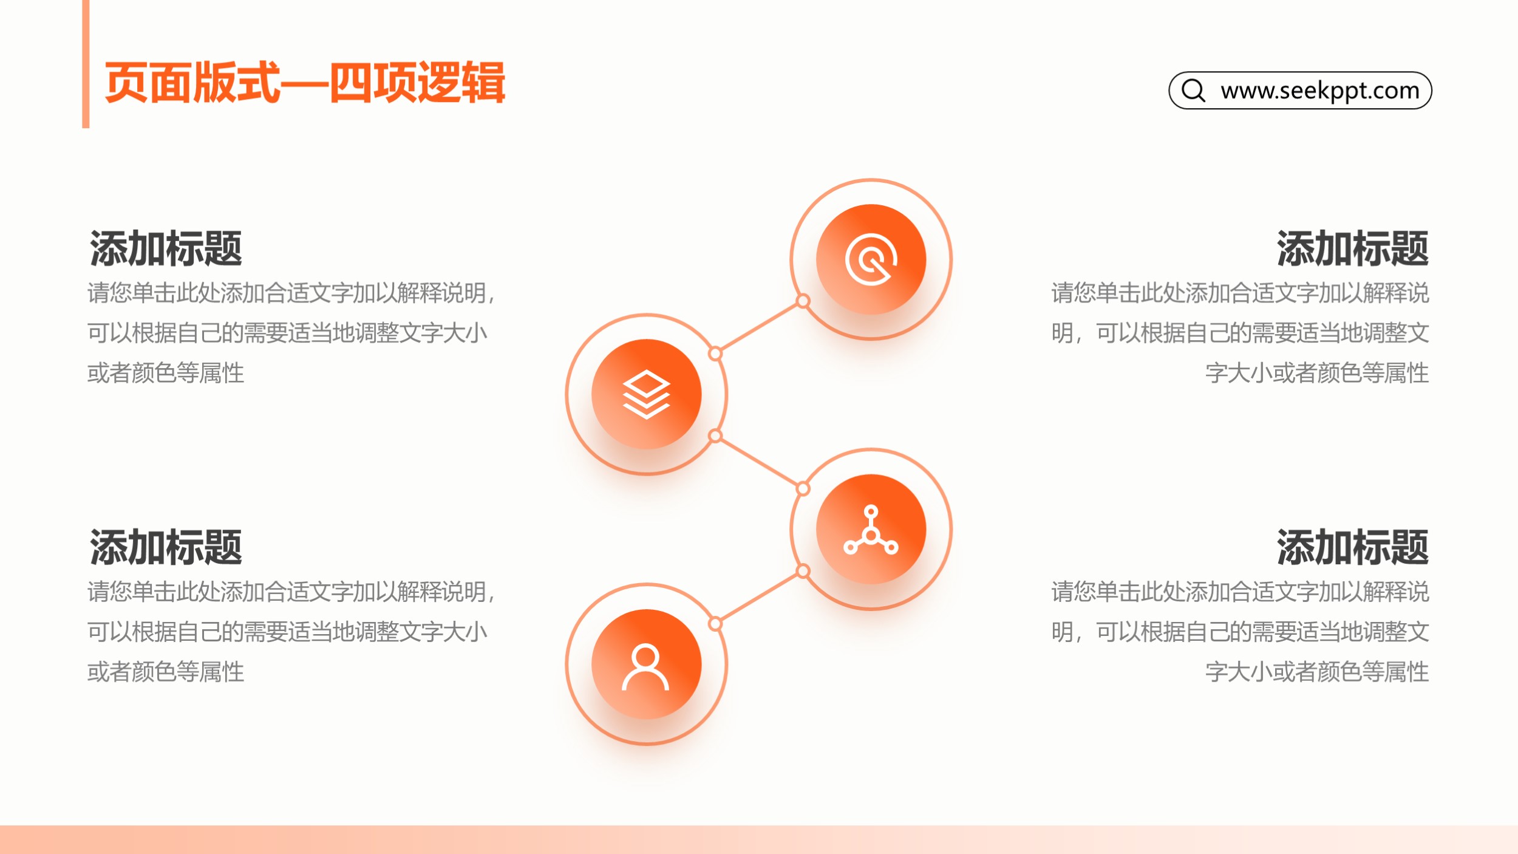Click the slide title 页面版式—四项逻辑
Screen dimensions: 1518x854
pos(305,83)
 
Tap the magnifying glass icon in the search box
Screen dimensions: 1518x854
pos(1193,91)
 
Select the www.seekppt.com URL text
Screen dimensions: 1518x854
pos(1320,91)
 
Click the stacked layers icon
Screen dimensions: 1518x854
pos(646,394)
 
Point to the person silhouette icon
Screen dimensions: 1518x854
pos(645,667)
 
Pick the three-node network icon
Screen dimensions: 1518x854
pos(871,530)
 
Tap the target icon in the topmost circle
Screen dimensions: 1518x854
pos(871,259)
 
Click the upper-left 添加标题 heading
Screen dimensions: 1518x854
pos(166,248)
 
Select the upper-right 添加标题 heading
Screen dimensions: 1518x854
pos(1352,248)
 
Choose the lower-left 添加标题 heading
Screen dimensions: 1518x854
pos(166,547)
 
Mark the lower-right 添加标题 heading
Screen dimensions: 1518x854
pos(1352,547)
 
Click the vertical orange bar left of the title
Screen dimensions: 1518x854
pos(86,64)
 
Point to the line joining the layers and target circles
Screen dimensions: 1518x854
pos(759,327)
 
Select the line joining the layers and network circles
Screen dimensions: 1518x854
pos(759,462)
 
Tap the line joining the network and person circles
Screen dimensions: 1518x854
pos(759,597)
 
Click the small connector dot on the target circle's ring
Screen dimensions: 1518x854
pos(803,301)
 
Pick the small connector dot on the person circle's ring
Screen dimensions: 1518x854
pos(715,624)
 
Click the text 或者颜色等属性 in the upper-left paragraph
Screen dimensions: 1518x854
pos(166,373)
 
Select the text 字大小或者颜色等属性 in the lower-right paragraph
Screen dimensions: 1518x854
pos(1317,672)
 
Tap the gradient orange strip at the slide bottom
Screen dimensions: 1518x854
pos(759,839)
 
